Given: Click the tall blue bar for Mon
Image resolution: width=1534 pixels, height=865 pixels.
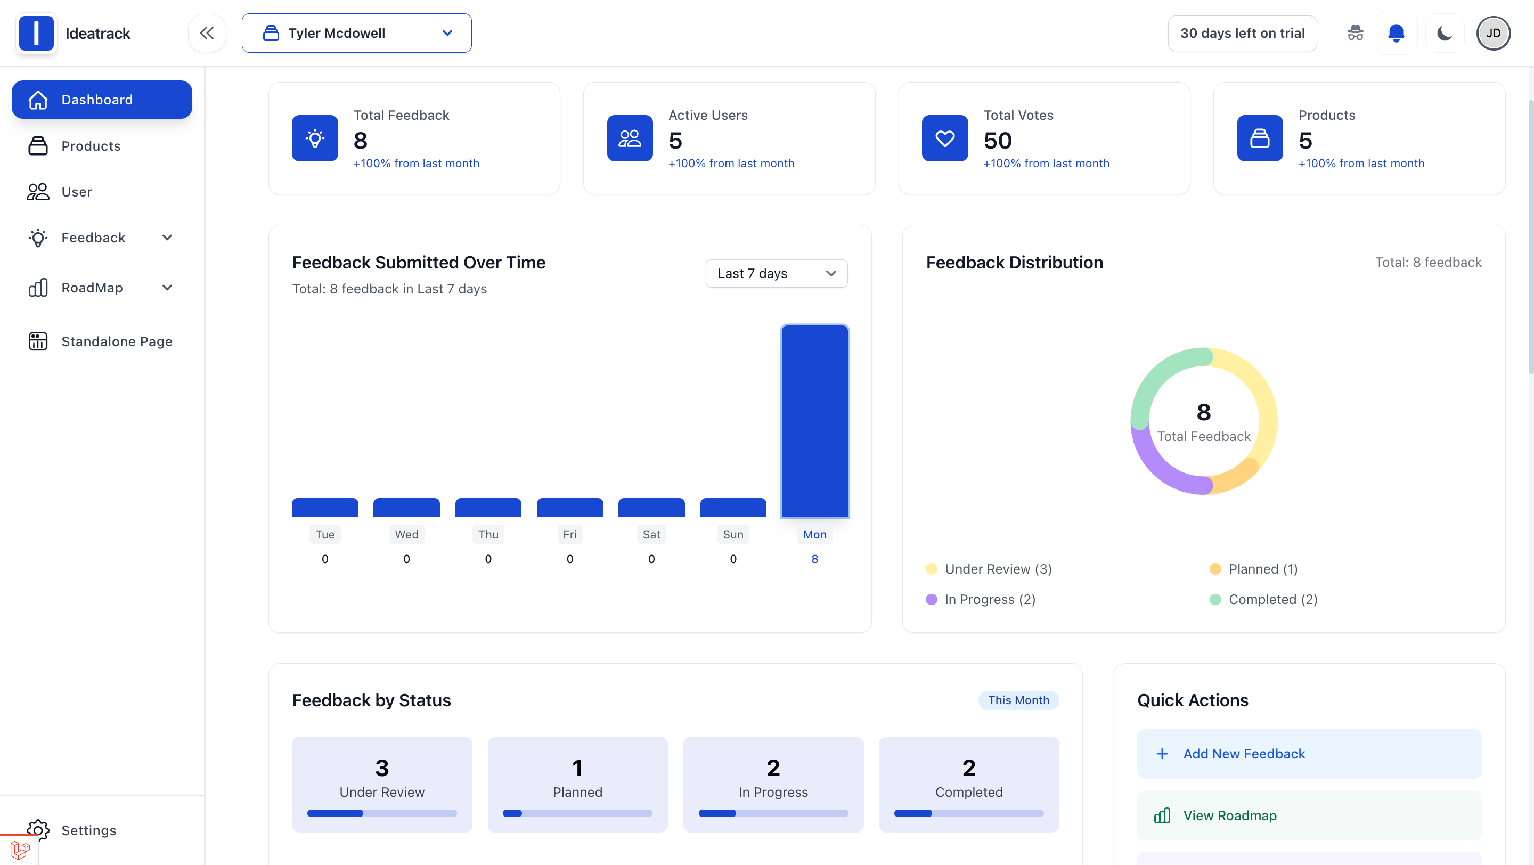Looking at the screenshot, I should [814, 421].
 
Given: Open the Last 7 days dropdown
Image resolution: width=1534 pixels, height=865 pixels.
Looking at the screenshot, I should [776, 273].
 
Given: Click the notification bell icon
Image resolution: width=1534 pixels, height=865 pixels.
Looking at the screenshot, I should [1396, 34].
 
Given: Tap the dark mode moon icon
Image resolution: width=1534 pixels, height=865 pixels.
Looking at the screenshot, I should [1444, 34].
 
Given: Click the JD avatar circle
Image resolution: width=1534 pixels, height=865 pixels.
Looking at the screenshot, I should [1492, 34].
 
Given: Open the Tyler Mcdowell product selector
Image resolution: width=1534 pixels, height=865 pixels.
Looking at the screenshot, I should [356, 34].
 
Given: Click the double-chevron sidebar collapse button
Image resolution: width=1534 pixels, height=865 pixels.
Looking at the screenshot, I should [207, 34].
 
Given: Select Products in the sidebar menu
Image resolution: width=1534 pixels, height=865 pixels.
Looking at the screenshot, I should [91, 146].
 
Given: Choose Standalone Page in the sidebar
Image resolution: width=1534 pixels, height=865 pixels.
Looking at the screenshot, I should [116, 341].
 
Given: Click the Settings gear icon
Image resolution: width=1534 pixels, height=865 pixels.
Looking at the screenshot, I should [38, 829].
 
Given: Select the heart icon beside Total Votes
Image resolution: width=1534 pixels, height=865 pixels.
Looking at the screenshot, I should [944, 138].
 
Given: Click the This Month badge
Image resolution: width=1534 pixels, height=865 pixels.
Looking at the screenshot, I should [1018, 700].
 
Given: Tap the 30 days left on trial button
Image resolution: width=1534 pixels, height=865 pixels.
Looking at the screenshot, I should [1242, 34].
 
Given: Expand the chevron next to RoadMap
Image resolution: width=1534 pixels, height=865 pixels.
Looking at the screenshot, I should [167, 288].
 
